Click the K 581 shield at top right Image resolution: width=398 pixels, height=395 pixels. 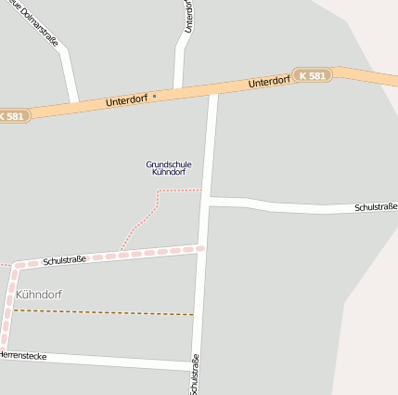[x=312, y=73]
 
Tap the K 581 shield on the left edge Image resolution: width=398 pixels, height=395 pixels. [x=13, y=116]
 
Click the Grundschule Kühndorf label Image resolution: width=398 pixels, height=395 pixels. [x=169, y=168]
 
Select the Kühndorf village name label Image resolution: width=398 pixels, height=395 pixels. [x=39, y=294]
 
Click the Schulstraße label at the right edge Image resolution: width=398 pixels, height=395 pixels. [x=375, y=206]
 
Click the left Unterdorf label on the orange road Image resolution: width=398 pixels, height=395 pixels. [x=126, y=99]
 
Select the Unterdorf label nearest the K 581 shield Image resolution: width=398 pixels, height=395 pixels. [x=269, y=83]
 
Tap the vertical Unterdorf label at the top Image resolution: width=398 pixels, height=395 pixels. [x=188, y=16]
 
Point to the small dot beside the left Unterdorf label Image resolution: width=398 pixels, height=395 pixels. [x=155, y=96]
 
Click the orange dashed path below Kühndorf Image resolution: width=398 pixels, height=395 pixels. [x=102, y=312]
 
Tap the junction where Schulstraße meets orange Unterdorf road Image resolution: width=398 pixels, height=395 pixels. [x=213, y=89]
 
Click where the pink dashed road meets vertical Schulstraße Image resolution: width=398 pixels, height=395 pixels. [x=200, y=248]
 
